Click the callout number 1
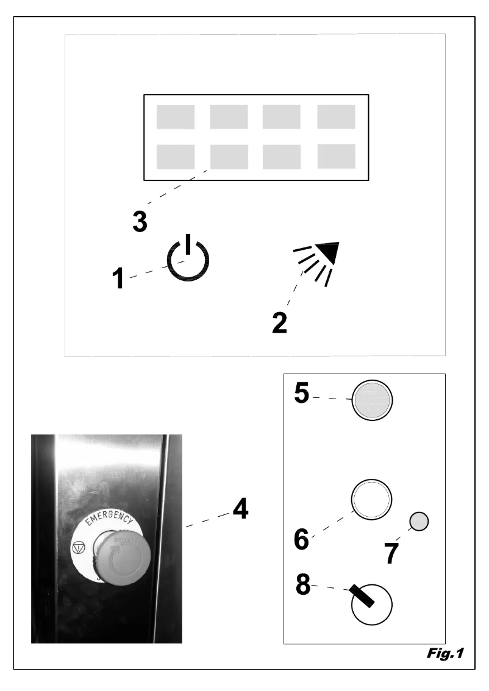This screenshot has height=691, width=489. pyautogui.click(x=120, y=278)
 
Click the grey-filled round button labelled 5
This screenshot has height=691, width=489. pyautogui.click(x=371, y=402)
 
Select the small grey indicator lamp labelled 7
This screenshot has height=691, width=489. pyautogui.click(x=419, y=521)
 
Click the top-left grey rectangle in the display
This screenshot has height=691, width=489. pyautogui.click(x=176, y=117)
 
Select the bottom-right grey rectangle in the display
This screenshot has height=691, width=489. pyautogui.click(x=337, y=157)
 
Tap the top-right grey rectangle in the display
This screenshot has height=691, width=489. pyautogui.click(x=337, y=117)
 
